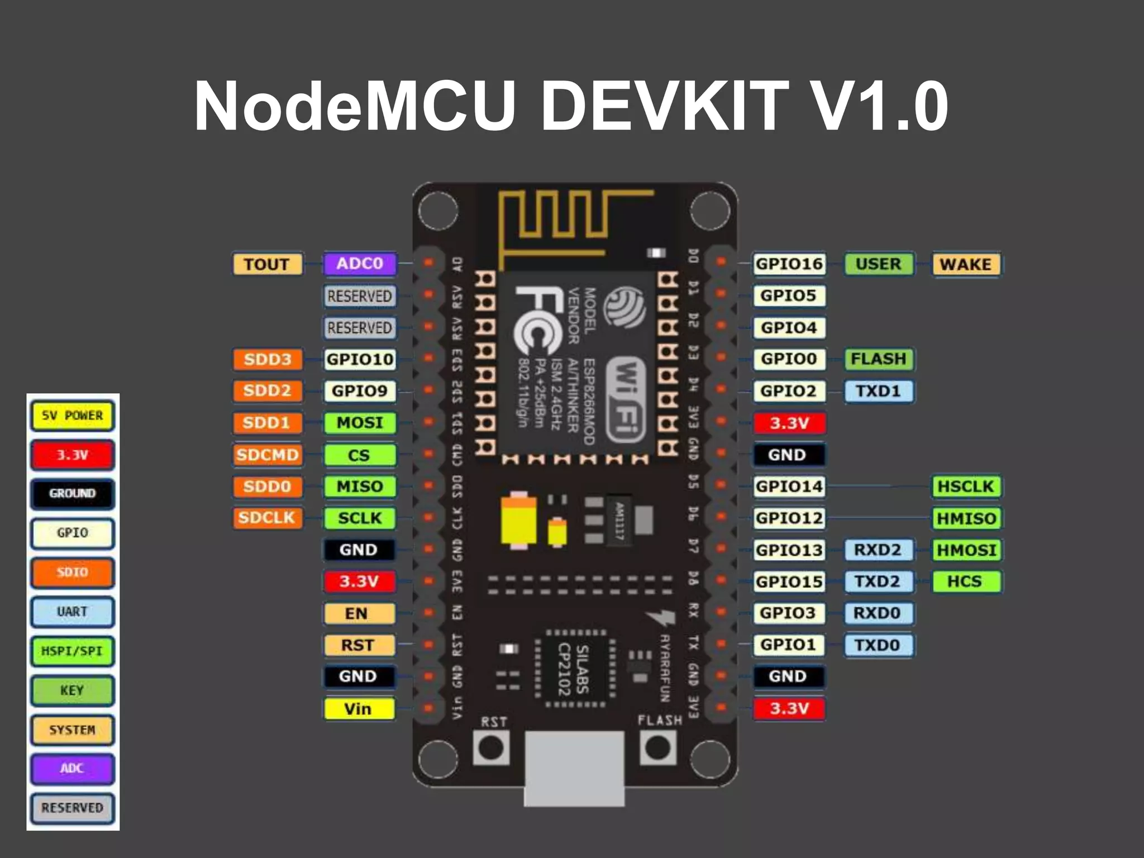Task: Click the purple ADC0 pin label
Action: tap(360, 264)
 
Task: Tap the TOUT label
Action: tap(267, 264)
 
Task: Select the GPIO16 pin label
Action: tap(789, 264)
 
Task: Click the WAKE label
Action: tap(965, 264)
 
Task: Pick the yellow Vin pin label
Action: tap(359, 709)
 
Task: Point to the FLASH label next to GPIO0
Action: tap(878, 359)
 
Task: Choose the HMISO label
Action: tap(966, 518)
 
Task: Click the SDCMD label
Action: tap(267, 455)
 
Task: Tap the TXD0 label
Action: tap(877, 645)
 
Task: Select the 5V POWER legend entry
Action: tap(73, 416)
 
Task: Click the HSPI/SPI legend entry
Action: tap(73, 651)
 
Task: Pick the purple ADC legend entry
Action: tap(73, 769)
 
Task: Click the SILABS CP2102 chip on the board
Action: tap(574, 669)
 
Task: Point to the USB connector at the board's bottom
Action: tap(574, 768)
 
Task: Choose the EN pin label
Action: tap(359, 613)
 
